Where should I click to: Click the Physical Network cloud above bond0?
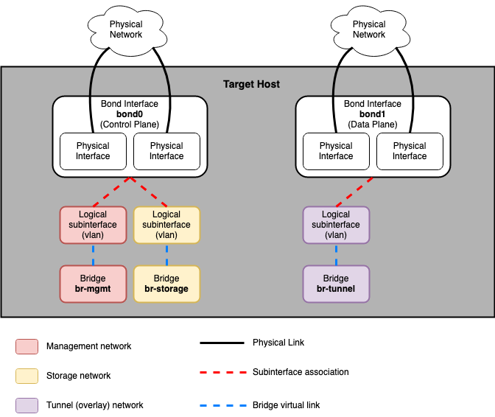point(126,29)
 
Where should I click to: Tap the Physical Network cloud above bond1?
point(369,29)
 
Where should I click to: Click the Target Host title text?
point(251,85)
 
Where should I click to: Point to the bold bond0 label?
point(130,114)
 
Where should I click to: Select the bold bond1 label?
point(373,114)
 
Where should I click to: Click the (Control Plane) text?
point(130,125)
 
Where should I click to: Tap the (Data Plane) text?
point(373,125)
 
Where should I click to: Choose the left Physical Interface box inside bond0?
point(93,151)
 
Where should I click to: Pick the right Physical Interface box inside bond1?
point(410,151)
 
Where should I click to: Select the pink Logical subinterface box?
point(93,225)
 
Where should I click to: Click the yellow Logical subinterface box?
point(166,225)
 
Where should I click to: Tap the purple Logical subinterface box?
point(336,225)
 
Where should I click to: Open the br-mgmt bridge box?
point(93,284)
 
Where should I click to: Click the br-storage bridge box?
point(166,284)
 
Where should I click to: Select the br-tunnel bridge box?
point(336,284)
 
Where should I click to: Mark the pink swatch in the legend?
point(27,346)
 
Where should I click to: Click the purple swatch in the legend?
point(27,405)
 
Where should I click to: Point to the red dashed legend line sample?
point(223,372)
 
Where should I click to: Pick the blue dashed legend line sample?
point(223,405)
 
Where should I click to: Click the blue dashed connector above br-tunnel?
point(336,254)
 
